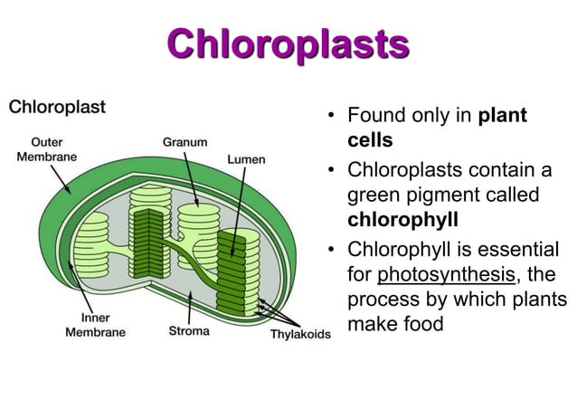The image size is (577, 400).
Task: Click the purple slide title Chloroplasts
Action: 288,43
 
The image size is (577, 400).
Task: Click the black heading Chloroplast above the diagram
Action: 57,107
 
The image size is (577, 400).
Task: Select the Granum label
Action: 184,142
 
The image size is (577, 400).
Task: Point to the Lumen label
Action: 246,159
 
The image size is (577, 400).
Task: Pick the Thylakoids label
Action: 301,336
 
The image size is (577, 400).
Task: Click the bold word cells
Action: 370,141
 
